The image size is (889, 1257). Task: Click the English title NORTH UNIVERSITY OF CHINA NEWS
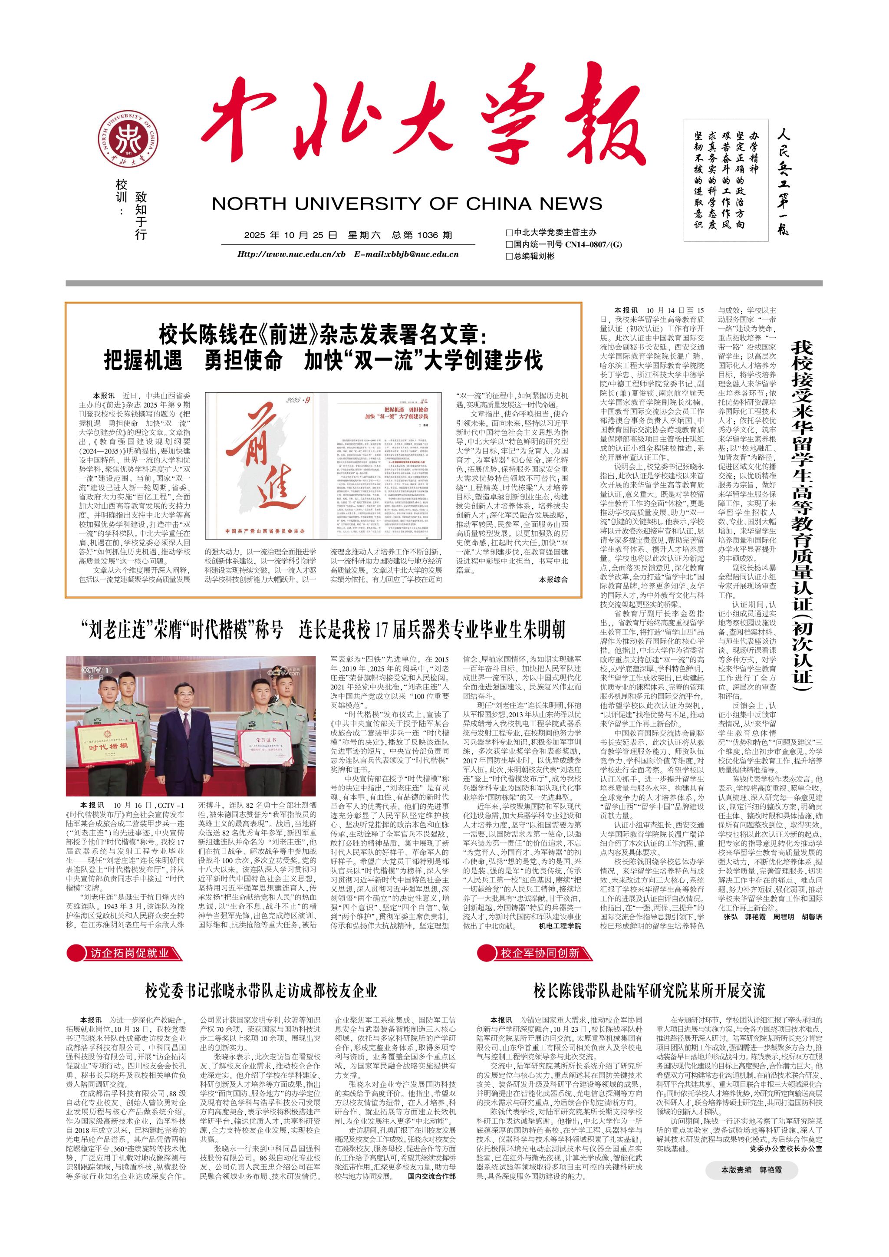click(x=407, y=204)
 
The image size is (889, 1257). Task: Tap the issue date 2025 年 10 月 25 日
click(x=291, y=235)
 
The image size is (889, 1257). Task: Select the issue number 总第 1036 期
click(x=422, y=235)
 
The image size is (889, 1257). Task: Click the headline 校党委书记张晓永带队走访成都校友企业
click(x=261, y=990)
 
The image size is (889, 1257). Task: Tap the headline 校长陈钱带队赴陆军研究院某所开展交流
click(x=649, y=990)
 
